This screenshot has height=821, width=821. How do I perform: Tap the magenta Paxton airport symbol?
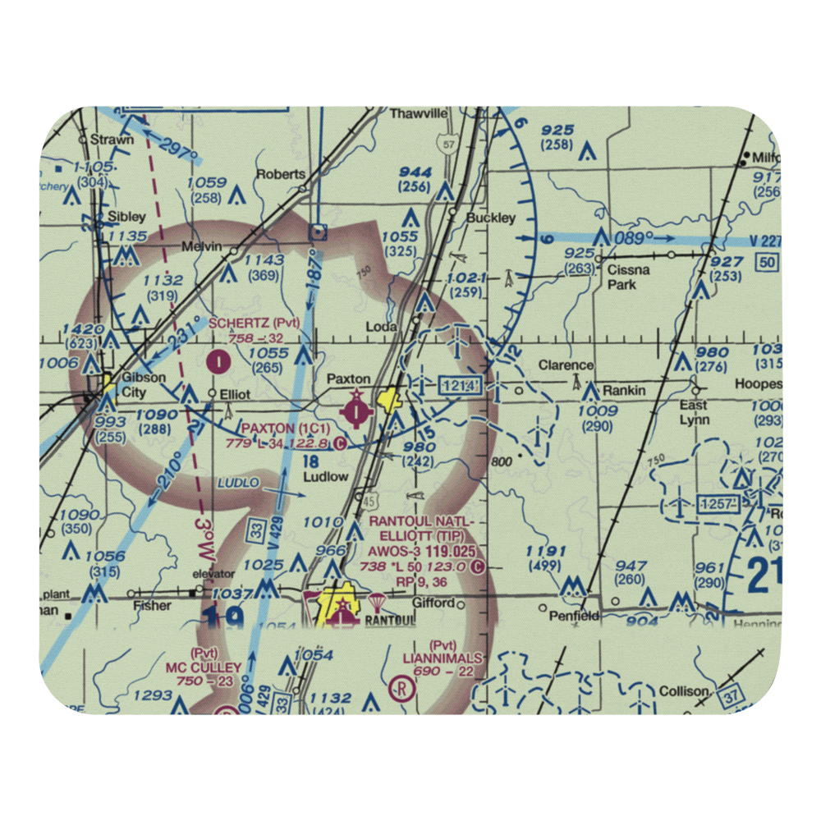point(356,409)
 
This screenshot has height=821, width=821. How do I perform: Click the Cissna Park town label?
point(628,277)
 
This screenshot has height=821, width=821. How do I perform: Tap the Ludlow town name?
point(325,476)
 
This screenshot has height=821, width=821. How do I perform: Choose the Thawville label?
point(419,113)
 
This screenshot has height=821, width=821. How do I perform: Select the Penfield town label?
point(574,615)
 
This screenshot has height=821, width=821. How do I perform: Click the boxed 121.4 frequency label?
point(456,385)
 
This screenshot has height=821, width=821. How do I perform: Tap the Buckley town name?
point(490,218)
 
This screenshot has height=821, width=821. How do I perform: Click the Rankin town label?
point(624,391)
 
